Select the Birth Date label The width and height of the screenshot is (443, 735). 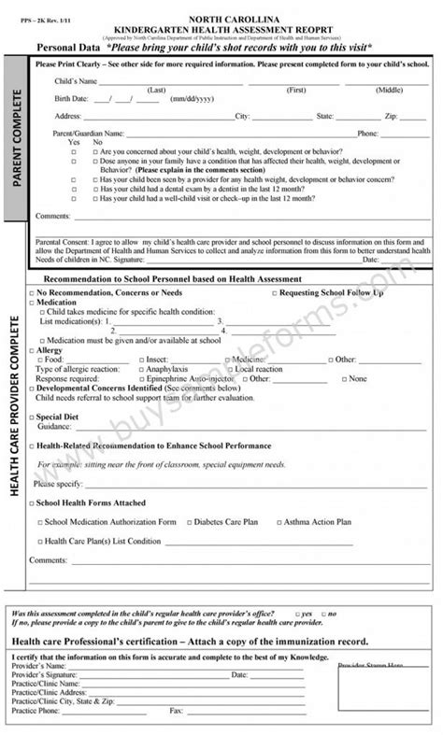click(x=74, y=98)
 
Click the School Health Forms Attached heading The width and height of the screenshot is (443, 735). click(x=90, y=502)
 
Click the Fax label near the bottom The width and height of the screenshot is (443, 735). click(x=175, y=710)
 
